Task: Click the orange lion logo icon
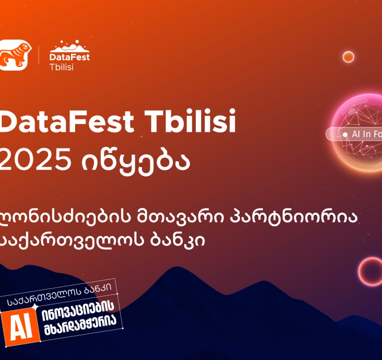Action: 13,55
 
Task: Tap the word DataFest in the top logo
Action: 70,57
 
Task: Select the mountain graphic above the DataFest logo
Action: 70,45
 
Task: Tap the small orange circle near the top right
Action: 348,57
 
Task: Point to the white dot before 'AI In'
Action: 345,134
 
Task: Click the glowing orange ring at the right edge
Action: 370,271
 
